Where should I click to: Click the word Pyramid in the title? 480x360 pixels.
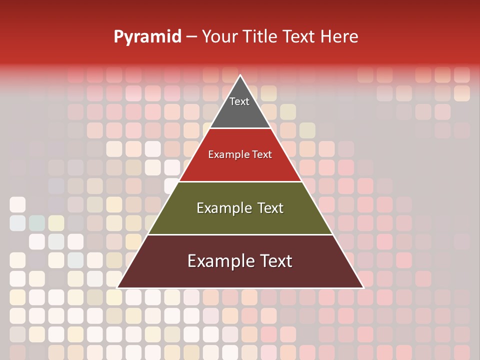[147, 37]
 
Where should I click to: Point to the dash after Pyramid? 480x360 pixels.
[191, 37]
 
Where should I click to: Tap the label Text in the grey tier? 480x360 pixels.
[239, 101]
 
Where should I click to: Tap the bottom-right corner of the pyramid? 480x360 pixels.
[363, 287]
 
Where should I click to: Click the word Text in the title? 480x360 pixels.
[299, 37]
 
